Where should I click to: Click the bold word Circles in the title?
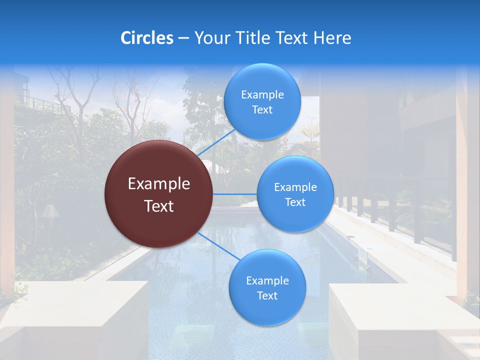click(146, 38)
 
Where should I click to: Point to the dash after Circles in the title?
click(183, 38)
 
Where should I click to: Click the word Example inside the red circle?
click(159, 184)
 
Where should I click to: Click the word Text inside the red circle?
click(159, 206)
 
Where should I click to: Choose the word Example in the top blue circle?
click(262, 94)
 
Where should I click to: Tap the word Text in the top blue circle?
click(262, 109)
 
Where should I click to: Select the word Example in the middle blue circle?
click(295, 187)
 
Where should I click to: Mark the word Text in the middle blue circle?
click(295, 202)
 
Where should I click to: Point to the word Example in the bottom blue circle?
click(267, 280)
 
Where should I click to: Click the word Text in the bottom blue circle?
click(267, 295)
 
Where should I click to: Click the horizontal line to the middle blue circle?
click(235, 194)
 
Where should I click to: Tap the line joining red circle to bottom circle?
click(218, 246)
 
